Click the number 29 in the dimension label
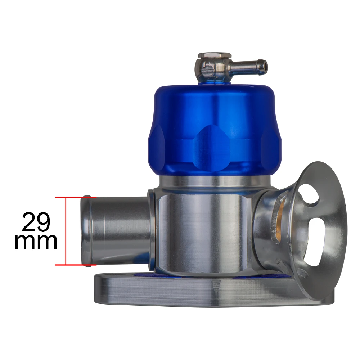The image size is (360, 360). (36, 222)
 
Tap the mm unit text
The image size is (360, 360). (36, 242)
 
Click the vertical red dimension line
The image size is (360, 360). (66, 231)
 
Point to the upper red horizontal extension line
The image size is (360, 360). (76, 197)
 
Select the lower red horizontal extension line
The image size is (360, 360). (76, 265)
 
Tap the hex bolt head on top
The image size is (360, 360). (215, 55)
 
